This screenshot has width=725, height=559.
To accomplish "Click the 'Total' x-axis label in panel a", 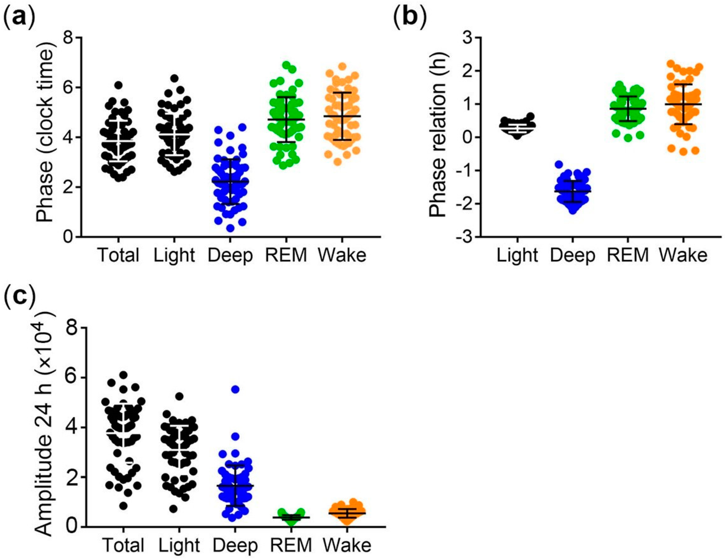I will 119,255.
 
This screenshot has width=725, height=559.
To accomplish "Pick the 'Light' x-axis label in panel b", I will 517,255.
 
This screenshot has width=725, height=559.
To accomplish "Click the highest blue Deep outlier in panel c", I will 235,389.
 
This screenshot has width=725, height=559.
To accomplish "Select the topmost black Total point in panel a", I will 119,85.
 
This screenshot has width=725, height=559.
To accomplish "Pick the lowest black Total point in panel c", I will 123,515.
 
